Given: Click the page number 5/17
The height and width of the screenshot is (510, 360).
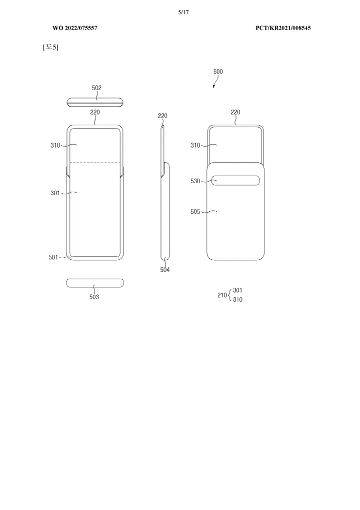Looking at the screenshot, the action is pos(183,13).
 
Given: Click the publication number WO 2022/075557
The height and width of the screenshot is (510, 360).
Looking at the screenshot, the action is pos(74,28).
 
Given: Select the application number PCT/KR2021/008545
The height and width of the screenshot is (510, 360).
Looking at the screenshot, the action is pos(283,28).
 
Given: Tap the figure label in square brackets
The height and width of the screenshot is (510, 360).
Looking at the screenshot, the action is pos(50,47).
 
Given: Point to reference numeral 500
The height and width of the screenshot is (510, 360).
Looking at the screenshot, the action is pos(218,72).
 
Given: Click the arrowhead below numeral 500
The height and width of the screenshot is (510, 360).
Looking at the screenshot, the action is pos(214,86).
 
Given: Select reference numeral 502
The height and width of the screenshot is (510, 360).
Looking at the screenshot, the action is pos(96,88).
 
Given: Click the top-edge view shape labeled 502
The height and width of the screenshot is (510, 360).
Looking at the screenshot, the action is pos(95,102).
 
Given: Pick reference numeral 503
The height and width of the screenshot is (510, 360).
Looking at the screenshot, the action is pos(94,297).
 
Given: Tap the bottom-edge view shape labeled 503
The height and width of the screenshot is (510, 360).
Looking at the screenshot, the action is pos(95,283).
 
